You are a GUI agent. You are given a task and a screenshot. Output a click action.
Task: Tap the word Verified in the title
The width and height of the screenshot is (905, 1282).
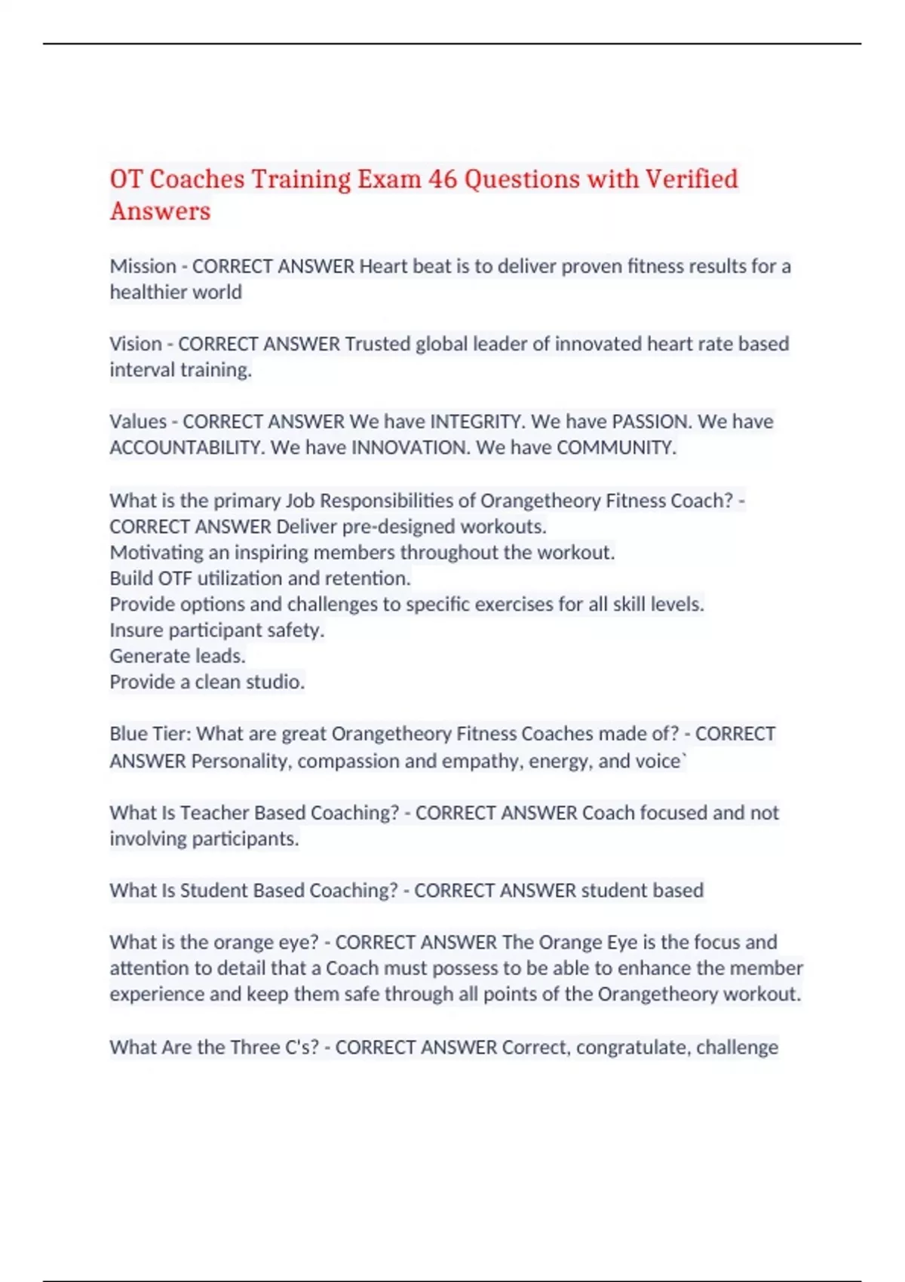691,179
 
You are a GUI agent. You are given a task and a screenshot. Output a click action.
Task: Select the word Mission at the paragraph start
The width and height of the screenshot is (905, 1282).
143,266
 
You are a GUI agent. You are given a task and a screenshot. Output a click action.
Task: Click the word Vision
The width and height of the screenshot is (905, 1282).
136,344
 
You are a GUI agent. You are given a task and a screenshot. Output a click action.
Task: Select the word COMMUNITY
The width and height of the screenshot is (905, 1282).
615,447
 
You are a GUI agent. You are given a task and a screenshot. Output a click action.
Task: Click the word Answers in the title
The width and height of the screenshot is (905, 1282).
160,211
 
